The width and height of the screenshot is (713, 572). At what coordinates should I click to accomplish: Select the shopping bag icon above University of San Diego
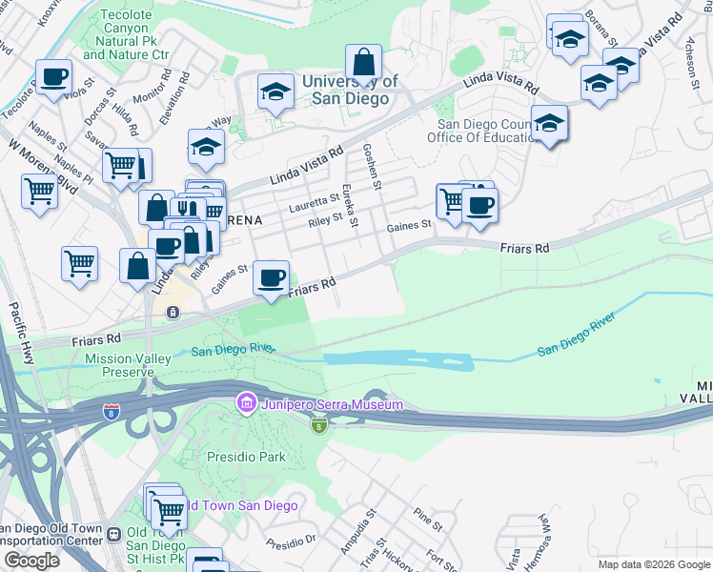pos(364,64)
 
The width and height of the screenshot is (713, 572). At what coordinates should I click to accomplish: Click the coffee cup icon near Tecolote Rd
pos(53,76)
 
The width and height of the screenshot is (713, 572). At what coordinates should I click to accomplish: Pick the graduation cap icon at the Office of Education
pos(549,123)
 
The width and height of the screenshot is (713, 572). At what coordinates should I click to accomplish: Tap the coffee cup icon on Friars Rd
pos(272,278)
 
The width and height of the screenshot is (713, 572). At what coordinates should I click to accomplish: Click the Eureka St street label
pos(349,205)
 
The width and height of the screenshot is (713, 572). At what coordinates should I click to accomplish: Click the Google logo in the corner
pos(32,561)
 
